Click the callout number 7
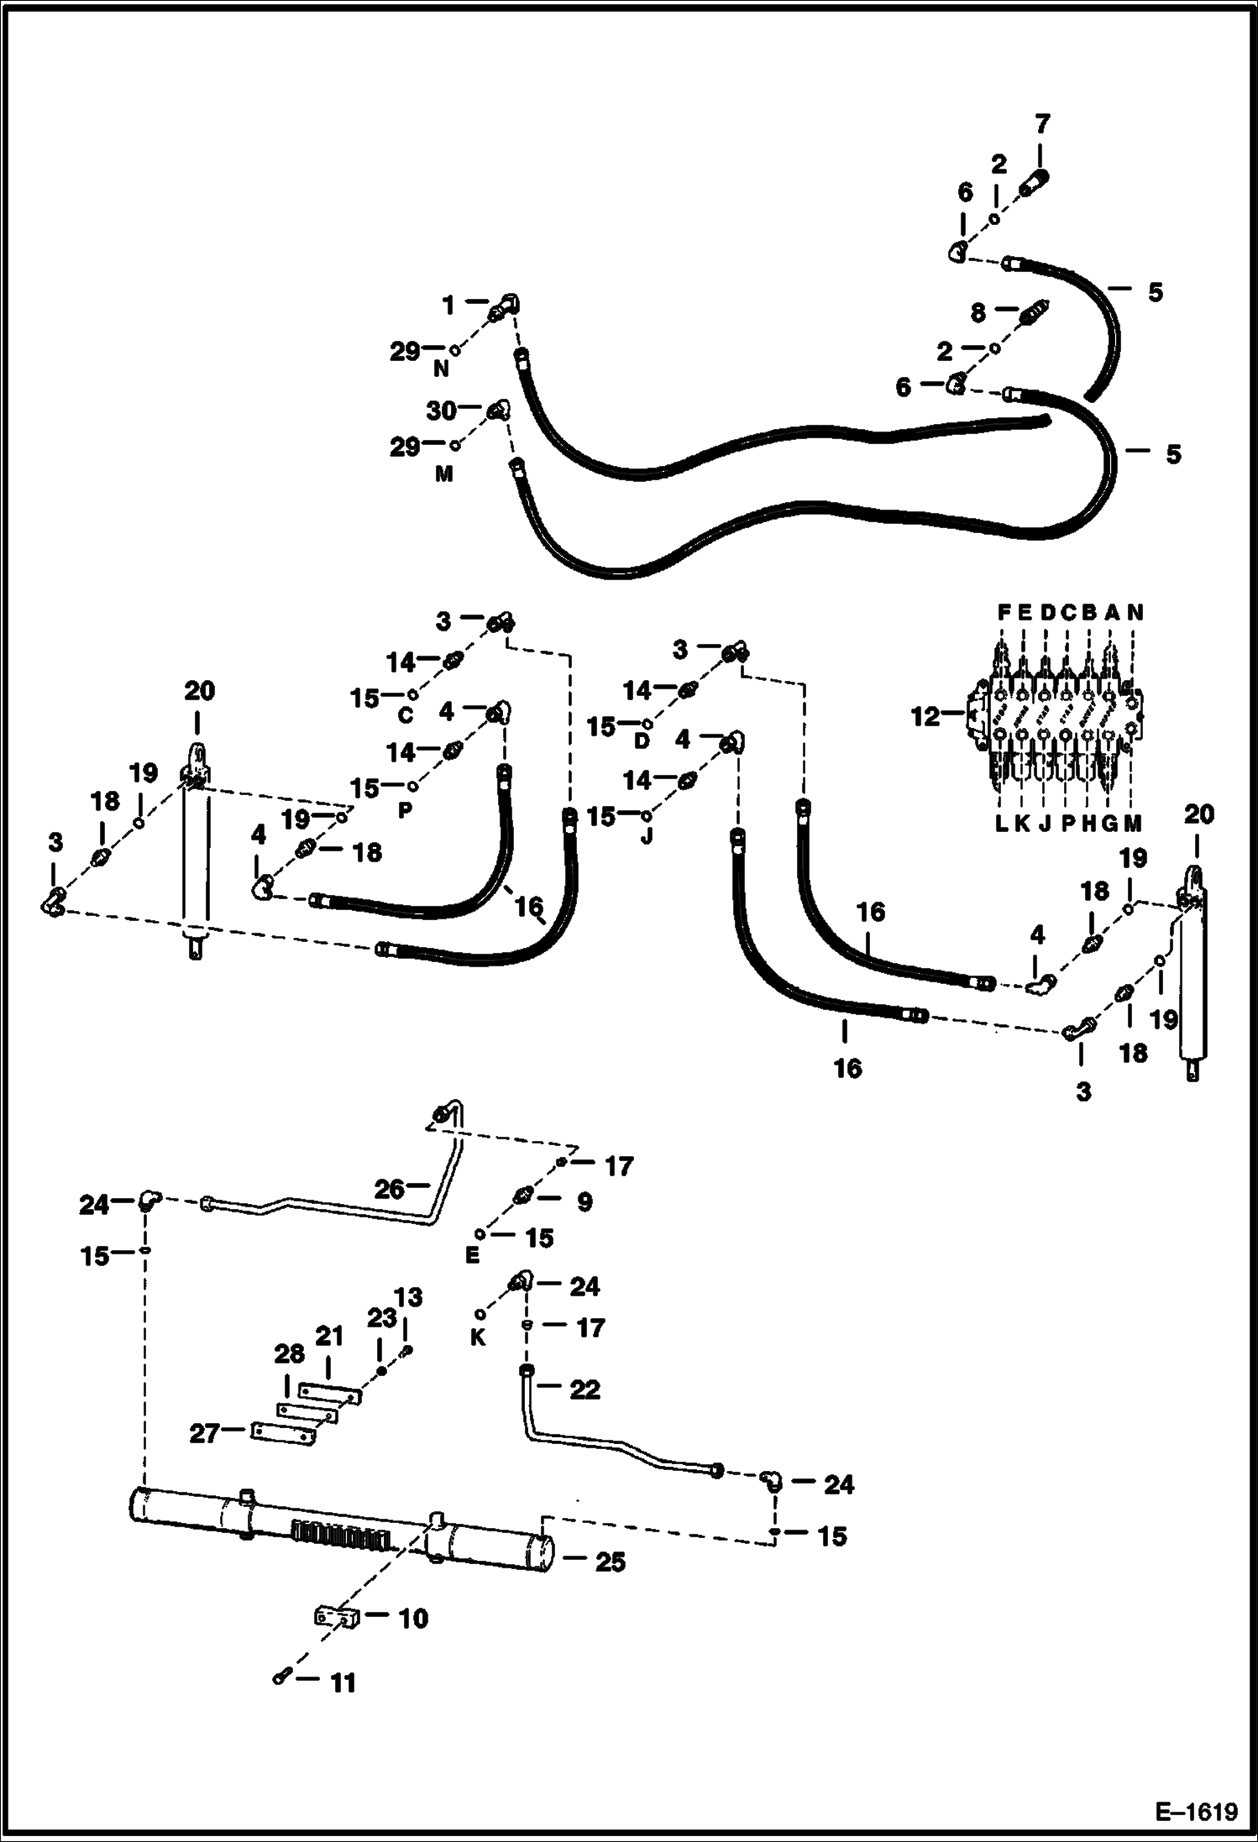[1041, 125]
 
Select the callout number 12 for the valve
[925, 718]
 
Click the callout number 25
[610, 1562]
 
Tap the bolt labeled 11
[281, 1677]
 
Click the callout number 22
[584, 1389]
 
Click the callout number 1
[448, 306]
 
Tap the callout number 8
[978, 313]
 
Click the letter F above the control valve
[1004, 613]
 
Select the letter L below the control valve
[1001, 824]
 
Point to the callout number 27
[204, 1433]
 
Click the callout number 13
[409, 1298]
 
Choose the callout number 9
[584, 1201]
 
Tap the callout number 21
[330, 1336]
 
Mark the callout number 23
[381, 1319]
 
